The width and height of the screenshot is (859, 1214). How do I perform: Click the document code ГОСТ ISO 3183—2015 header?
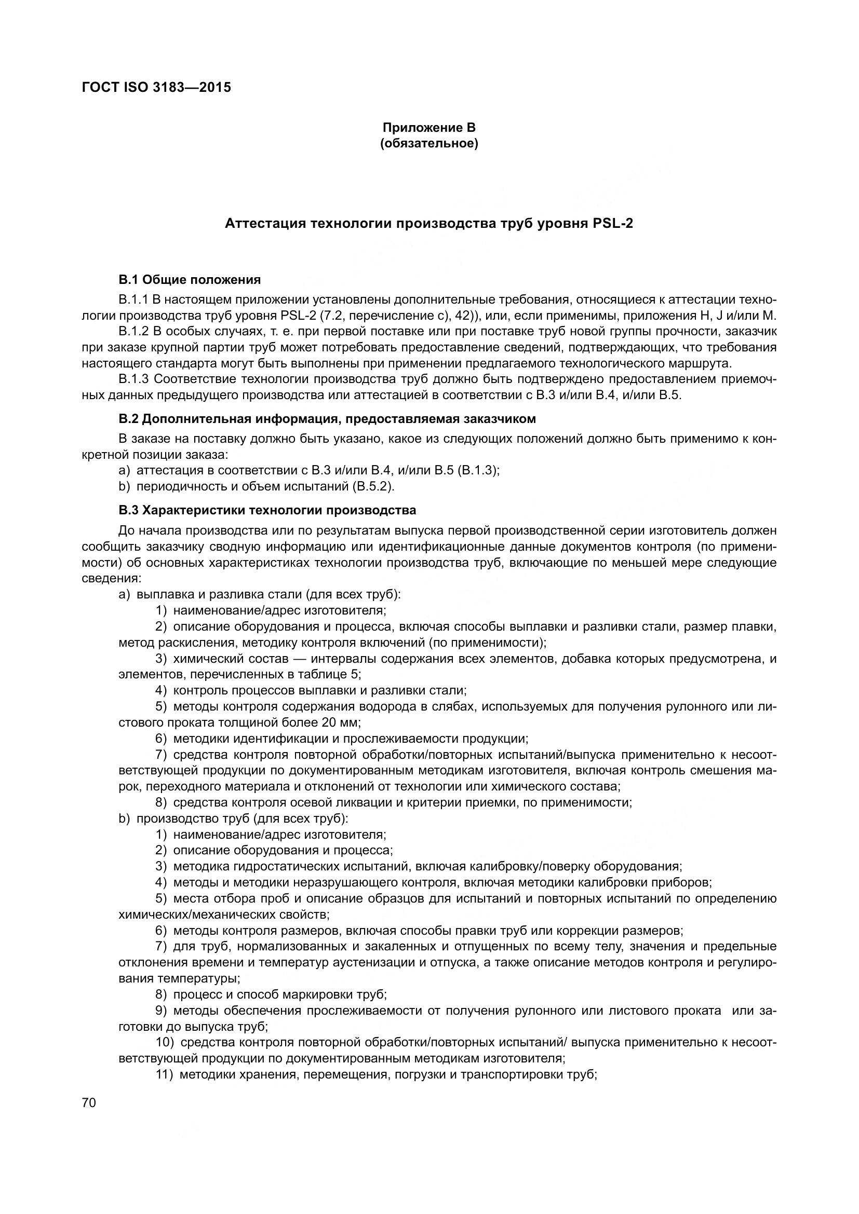156,87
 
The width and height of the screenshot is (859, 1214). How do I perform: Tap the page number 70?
89,1103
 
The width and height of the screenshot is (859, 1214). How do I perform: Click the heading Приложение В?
429,128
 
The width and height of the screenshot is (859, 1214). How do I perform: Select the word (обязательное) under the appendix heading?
429,144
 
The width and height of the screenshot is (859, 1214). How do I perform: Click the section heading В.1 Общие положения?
190,280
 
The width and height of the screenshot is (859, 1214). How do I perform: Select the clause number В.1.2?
134,332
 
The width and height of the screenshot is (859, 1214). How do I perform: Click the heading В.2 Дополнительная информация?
327,419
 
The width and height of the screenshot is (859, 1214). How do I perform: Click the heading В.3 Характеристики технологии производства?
267,510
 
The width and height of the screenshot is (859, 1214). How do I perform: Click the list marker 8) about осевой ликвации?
162,802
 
